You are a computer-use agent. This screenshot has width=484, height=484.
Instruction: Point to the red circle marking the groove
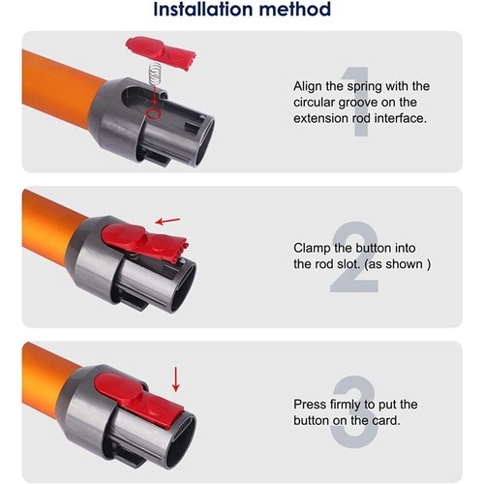click(x=155, y=114)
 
